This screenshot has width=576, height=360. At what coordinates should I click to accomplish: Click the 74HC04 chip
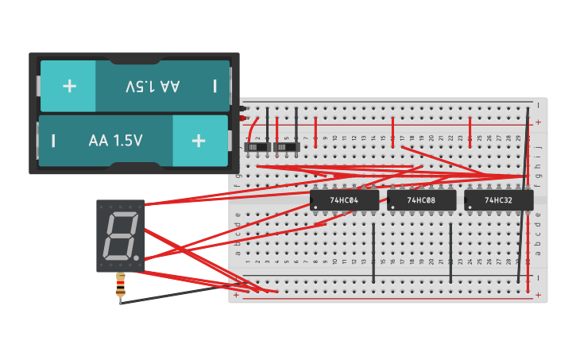click(344, 200)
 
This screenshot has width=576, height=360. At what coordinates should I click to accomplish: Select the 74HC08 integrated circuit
click(421, 200)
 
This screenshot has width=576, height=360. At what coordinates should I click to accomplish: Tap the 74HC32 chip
click(499, 200)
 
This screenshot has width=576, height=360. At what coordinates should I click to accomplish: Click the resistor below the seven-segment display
click(121, 287)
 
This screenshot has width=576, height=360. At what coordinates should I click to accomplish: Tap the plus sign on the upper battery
click(69, 85)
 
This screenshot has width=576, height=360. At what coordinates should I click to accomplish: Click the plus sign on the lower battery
click(199, 141)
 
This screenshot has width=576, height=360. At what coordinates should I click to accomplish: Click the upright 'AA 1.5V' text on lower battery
click(116, 141)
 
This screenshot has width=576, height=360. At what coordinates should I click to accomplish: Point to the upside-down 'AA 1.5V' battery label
click(153, 85)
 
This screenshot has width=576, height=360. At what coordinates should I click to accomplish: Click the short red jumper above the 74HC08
click(392, 127)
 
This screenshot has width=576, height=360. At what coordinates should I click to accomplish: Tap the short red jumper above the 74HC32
click(470, 127)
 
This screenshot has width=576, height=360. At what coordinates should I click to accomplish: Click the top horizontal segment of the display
click(122, 215)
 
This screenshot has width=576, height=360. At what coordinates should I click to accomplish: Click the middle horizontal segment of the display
click(120, 236)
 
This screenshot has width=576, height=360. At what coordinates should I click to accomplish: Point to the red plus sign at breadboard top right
click(539, 122)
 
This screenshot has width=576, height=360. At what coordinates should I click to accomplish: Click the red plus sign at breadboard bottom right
click(539, 295)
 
